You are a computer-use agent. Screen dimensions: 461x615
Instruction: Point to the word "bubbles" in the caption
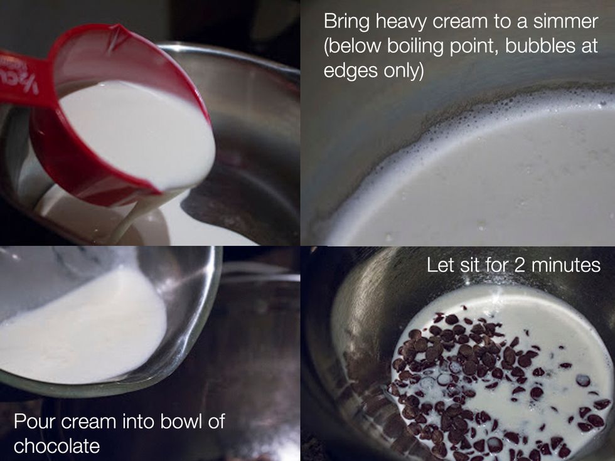click(538, 48)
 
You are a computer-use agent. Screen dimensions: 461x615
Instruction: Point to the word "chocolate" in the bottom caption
click(56, 446)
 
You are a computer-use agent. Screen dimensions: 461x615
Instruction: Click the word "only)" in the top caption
click(404, 72)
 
